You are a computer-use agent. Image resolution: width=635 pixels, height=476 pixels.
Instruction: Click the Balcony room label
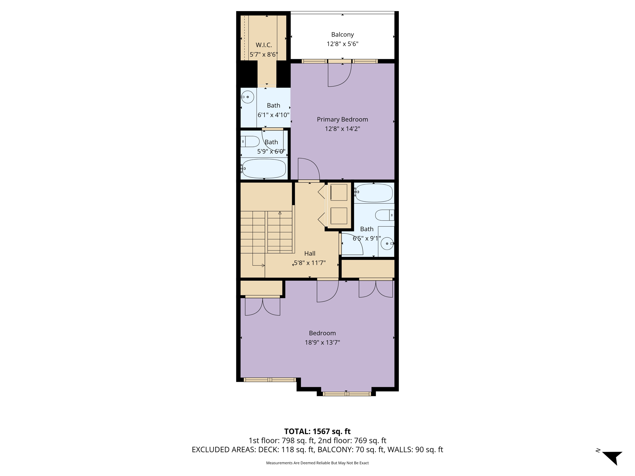342,34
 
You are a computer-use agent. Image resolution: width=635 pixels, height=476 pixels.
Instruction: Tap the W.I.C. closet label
264,45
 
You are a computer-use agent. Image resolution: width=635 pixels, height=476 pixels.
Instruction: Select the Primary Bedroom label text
342,119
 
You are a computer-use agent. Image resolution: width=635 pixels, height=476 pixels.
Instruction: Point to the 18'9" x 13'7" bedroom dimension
322,342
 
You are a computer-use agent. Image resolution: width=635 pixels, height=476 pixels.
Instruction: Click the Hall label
310,253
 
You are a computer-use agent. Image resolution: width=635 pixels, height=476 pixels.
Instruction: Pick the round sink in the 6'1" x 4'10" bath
247,97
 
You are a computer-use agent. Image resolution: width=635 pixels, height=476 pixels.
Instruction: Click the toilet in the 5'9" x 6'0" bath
250,142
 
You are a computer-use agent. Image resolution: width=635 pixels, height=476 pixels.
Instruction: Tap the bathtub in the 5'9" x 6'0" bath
264,169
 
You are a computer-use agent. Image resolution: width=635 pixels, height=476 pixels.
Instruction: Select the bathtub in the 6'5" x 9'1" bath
374,192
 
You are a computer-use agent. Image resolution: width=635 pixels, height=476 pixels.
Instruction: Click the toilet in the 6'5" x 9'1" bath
384,215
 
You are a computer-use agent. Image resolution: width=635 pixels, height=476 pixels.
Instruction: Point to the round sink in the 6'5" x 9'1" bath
387,244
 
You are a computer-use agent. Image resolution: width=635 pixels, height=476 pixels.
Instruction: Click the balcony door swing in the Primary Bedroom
340,75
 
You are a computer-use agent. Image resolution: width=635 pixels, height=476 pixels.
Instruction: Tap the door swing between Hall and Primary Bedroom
309,169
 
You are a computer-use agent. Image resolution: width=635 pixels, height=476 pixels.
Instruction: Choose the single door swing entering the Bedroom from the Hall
328,291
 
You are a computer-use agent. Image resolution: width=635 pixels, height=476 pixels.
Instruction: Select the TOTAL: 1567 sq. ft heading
317,431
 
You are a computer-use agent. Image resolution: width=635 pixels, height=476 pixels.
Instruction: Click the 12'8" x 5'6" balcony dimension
342,44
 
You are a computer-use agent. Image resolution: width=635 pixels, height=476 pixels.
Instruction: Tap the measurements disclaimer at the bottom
317,463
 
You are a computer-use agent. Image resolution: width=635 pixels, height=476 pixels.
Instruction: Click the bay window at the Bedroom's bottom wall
347,394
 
